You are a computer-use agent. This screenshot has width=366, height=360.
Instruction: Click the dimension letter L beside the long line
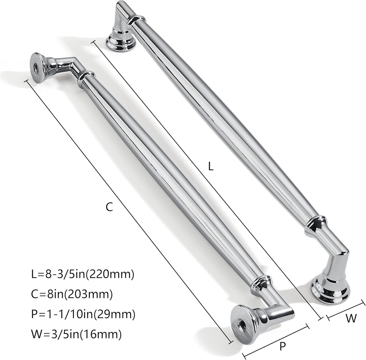(211, 166)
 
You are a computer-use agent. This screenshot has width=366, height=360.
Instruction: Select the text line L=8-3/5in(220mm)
(82, 274)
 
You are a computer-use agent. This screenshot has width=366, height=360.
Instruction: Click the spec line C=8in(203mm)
(72, 294)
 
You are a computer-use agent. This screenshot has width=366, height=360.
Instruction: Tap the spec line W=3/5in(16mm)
(76, 334)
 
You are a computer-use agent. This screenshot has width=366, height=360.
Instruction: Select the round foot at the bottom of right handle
(330, 290)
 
